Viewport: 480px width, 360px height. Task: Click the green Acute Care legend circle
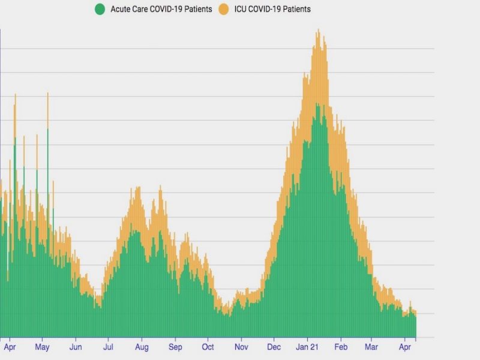(x=100, y=9)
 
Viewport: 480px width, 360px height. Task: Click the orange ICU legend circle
(x=224, y=9)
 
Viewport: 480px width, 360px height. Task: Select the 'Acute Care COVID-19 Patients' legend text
(x=161, y=9)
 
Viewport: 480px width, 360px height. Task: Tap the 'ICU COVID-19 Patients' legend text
(x=273, y=9)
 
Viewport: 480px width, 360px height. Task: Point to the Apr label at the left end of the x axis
(x=10, y=347)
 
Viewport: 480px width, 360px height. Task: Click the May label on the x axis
(x=42, y=347)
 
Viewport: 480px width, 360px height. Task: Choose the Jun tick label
(x=76, y=347)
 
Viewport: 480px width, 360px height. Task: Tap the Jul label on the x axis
(x=109, y=347)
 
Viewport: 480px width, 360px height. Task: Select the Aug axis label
(x=142, y=347)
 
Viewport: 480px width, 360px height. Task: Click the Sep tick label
(x=175, y=347)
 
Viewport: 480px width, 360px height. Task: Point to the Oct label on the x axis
(x=208, y=347)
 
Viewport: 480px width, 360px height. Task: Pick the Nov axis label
(x=241, y=347)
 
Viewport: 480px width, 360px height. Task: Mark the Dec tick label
(x=274, y=347)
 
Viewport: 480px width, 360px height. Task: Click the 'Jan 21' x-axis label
(x=307, y=347)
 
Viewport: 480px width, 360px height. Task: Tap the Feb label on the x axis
(x=341, y=347)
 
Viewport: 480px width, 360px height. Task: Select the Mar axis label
(x=372, y=347)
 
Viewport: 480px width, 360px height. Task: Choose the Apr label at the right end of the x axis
(x=405, y=347)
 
